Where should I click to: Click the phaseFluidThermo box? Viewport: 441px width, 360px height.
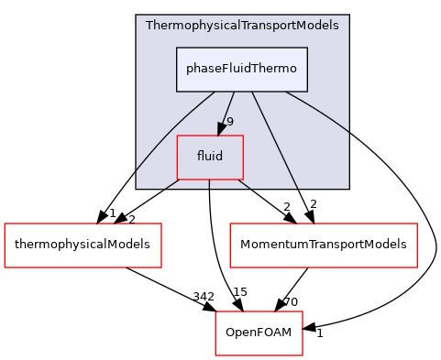(x=242, y=70)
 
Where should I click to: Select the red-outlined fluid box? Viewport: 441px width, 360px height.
(x=210, y=157)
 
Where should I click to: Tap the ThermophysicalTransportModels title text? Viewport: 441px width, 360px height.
(x=242, y=25)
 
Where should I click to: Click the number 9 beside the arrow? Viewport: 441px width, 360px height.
(x=230, y=122)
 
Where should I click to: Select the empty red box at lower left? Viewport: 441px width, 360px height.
(x=83, y=245)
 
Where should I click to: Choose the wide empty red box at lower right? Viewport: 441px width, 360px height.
(x=323, y=245)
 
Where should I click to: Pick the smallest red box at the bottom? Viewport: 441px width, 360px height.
(x=259, y=333)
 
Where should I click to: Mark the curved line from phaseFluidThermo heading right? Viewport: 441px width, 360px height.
(x=325, y=115)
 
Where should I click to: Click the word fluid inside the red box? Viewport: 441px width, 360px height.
(x=210, y=157)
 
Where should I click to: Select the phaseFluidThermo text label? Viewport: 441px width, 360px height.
(x=242, y=70)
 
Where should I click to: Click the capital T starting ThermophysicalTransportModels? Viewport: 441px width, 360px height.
(x=149, y=25)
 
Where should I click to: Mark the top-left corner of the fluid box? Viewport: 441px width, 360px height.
(x=177, y=136)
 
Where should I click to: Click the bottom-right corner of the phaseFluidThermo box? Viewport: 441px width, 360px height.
(x=307, y=92)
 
